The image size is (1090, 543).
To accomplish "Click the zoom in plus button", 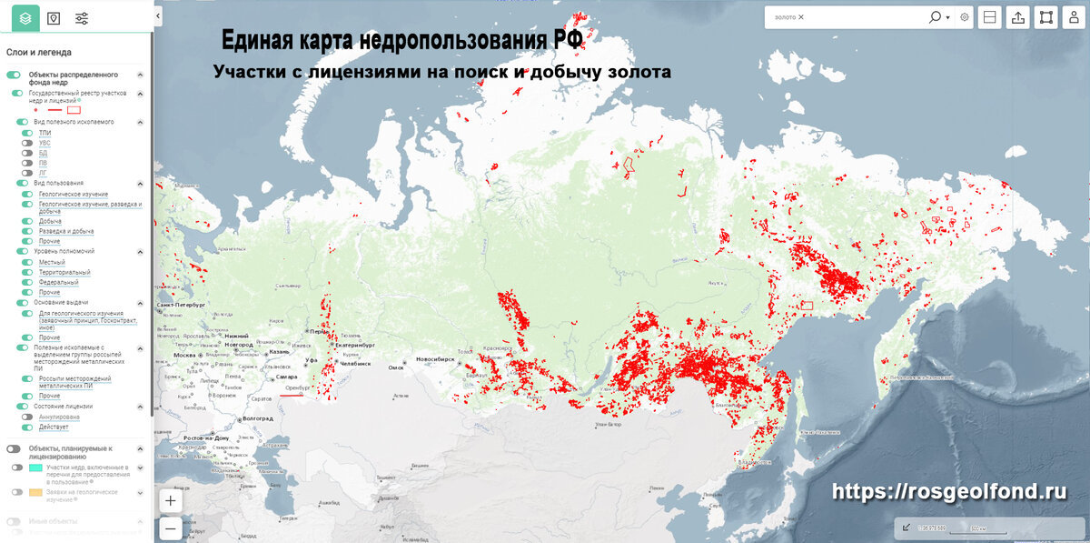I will tap(171, 500).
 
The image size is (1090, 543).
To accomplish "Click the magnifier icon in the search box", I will tap(935, 17).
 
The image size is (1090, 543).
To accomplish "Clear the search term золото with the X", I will tap(801, 17).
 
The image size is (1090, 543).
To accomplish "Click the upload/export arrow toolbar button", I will tap(1017, 17).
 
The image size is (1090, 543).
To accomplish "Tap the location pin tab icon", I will tap(54, 18).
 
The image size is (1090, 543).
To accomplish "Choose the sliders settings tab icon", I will tap(82, 18).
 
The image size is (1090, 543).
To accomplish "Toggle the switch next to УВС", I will tap(27, 143).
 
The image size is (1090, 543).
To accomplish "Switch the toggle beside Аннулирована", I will tap(27, 417).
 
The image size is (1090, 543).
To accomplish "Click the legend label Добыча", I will tap(50, 221).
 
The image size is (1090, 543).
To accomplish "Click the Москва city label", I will tap(184, 355).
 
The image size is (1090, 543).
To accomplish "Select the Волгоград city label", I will tap(258, 417).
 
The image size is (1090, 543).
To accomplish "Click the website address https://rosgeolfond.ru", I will tap(948, 491).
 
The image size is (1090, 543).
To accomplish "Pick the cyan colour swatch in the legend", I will tap(35, 468).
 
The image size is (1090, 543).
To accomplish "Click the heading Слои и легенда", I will tap(39, 53).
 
